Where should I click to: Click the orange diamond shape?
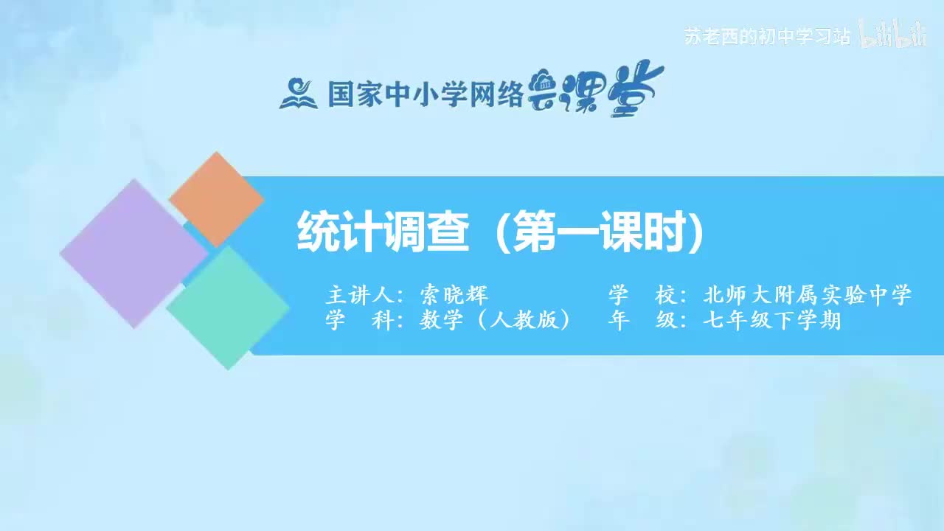pos(216,199)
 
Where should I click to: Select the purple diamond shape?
pos(133,253)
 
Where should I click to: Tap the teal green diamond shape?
pos(228,307)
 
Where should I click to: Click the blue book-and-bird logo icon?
pos(298,94)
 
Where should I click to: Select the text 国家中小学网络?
pos(425,94)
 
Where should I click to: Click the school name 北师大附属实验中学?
pos(808,296)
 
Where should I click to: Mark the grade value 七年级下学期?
pos(772,322)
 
